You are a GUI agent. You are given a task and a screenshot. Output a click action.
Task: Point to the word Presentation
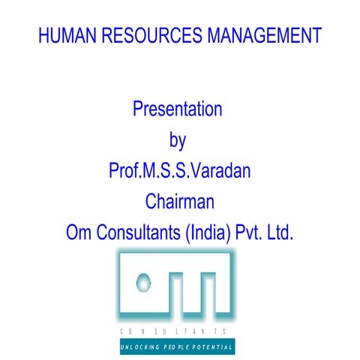[x=178, y=109]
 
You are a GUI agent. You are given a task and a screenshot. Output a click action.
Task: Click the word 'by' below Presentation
[x=178, y=140]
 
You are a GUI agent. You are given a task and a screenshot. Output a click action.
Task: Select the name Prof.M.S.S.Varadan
[x=180, y=170]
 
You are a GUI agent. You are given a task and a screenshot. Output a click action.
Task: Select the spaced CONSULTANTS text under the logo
[x=177, y=331]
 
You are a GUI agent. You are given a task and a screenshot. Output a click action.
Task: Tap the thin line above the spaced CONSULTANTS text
[x=177, y=322]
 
